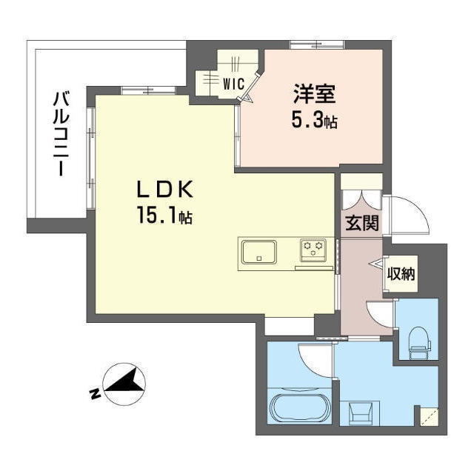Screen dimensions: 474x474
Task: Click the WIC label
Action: point(233,84)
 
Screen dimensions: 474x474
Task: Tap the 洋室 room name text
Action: point(315,94)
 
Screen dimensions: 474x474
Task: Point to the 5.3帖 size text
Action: point(315,120)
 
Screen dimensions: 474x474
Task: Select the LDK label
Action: point(164,190)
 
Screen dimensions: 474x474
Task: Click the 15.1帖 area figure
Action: point(164,216)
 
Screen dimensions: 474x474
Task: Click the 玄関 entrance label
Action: point(361,223)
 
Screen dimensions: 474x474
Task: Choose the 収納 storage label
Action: point(401,273)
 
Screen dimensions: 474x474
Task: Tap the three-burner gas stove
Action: point(314,250)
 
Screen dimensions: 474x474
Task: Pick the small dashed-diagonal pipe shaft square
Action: point(427,417)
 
